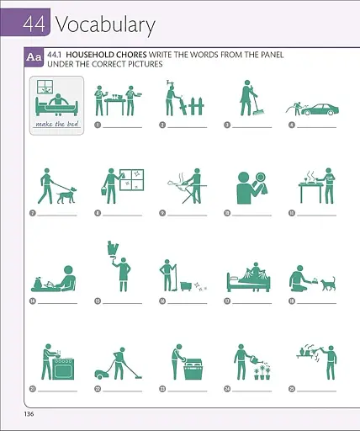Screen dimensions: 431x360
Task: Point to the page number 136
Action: click(29, 413)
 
